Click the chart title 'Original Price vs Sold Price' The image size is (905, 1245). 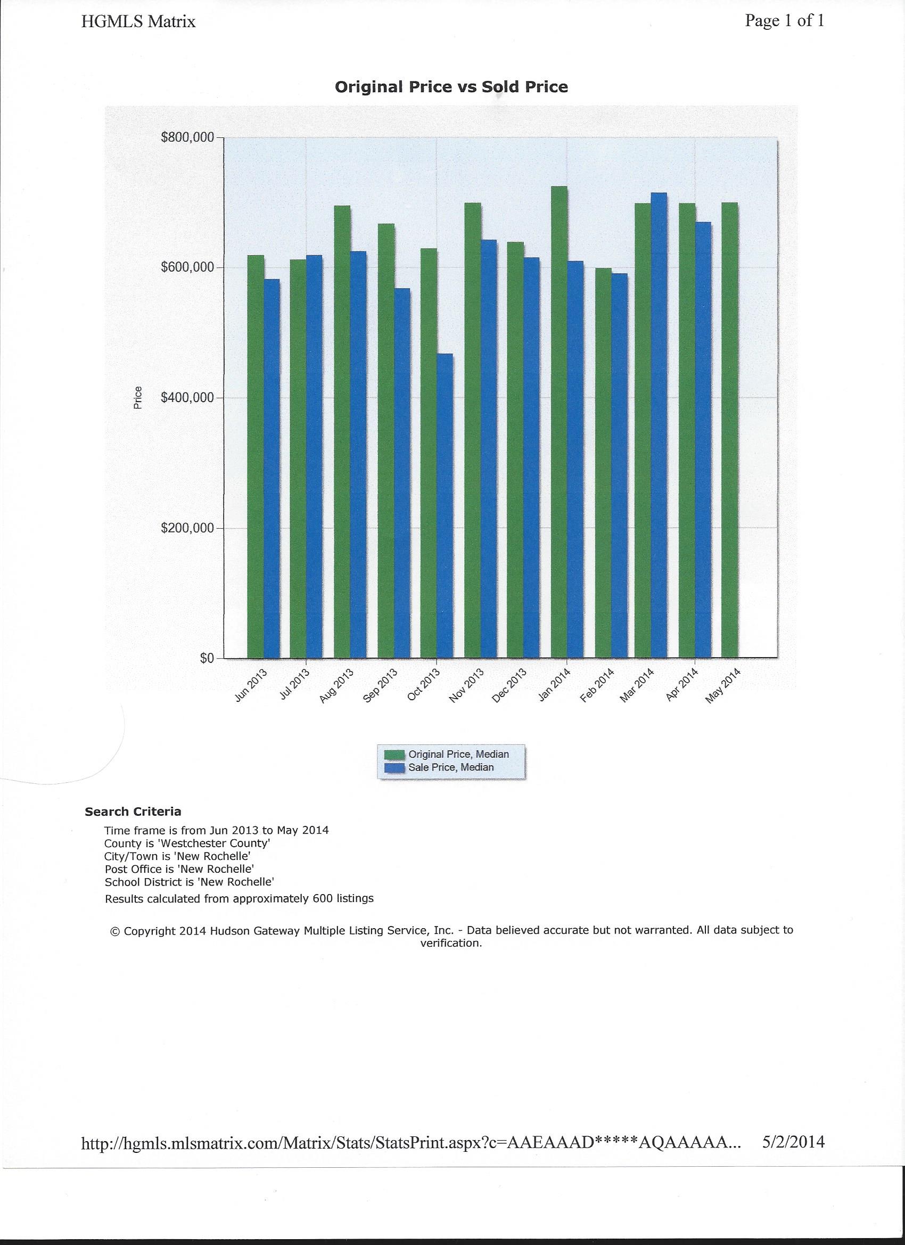[451, 87]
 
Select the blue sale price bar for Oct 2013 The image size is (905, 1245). [445, 505]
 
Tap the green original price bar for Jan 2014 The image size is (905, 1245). [560, 422]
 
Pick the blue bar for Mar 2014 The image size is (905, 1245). [659, 425]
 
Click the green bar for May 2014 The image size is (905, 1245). [730, 430]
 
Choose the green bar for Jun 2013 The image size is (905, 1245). [256, 456]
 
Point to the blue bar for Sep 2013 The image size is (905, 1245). [402, 473]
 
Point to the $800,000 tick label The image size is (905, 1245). [187, 137]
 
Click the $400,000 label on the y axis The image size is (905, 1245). [187, 397]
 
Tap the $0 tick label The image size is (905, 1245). [207, 658]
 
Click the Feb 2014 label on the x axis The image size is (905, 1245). [597, 685]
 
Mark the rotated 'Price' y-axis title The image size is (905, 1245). [138, 398]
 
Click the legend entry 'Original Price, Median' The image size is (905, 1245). [458, 754]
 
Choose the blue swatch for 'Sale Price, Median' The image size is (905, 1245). [394, 768]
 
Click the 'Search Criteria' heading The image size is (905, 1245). [133, 812]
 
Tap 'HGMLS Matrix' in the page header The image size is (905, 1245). [138, 22]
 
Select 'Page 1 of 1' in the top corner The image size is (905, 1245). [784, 21]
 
